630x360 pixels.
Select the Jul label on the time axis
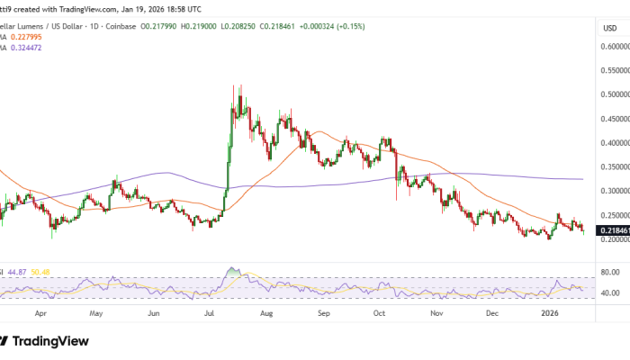[x=210, y=316]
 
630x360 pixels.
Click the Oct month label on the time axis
[x=379, y=316]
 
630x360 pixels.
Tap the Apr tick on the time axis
[x=40, y=316]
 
